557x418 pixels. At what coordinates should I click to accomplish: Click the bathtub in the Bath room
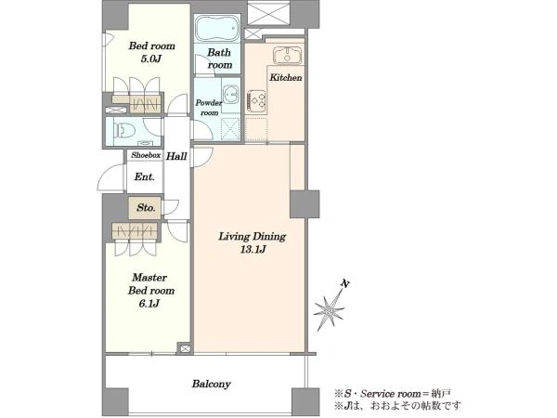click(x=217, y=29)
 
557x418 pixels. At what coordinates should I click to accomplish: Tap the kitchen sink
click(x=288, y=56)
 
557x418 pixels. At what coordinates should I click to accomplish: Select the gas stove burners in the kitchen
click(x=257, y=101)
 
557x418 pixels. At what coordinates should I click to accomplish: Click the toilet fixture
click(x=123, y=130)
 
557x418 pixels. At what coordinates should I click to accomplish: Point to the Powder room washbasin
click(x=231, y=96)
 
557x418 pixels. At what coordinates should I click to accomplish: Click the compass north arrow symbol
click(x=330, y=310)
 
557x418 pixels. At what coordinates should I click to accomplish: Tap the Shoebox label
click(x=146, y=155)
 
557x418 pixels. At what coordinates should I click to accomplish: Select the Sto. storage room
click(x=145, y=207)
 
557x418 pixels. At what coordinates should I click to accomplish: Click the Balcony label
click(x=212, y=384)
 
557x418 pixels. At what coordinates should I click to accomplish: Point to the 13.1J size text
click(x=253, y=250)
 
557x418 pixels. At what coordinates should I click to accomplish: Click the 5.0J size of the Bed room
click(x=151, y=59)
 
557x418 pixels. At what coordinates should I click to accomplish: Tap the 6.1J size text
click(x=149, y=304)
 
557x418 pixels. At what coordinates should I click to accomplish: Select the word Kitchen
click(x=286, y=77)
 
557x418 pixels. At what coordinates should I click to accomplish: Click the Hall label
click(x=176, y=156)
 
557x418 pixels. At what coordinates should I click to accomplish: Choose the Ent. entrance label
click(x=144, y=176)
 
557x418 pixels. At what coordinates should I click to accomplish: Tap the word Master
click(x=149, y=277)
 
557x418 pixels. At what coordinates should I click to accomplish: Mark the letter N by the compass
click(x=344, y=283)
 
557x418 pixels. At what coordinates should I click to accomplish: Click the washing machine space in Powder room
click(x=230, y=128)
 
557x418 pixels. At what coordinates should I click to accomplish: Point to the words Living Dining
click(x=253, y=236)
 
